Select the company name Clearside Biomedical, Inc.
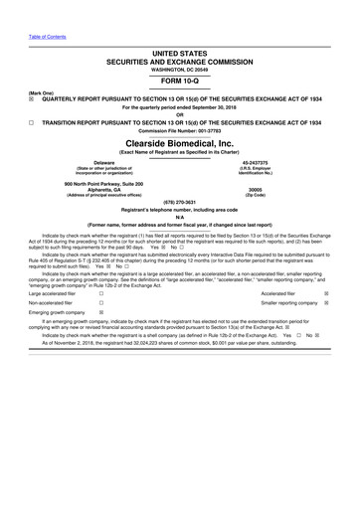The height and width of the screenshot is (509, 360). (x=180, y=142)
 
